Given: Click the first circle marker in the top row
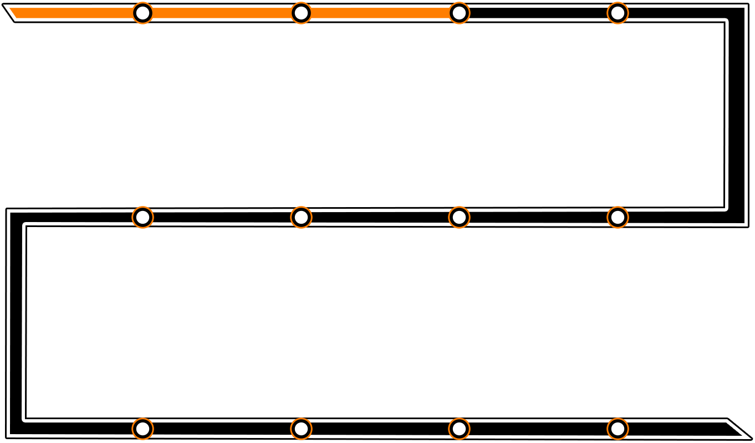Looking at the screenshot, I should pos(142,13).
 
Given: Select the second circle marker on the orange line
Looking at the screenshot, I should pos(301,13).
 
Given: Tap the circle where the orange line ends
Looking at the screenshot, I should pos(459,13).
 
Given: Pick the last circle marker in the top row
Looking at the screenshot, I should pos(618,13).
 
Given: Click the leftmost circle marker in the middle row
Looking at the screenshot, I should pos(142,218).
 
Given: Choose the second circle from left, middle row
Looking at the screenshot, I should pos(301,218).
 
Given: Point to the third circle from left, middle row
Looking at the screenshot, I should pos(459,218).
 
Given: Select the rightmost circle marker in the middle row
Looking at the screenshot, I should pos(618,218).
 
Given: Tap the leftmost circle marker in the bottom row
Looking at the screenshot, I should pos(142,429).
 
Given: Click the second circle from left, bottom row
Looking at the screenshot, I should pos(301,429).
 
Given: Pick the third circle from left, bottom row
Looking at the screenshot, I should pos(459,429).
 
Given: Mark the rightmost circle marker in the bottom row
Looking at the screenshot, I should pos(618,429).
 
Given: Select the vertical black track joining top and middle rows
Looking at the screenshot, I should pos(736,116).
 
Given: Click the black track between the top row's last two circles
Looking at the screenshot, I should pos(538,13).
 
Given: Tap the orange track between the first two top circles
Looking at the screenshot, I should pos(222,13).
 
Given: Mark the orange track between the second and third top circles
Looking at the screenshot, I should pos(380,13).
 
